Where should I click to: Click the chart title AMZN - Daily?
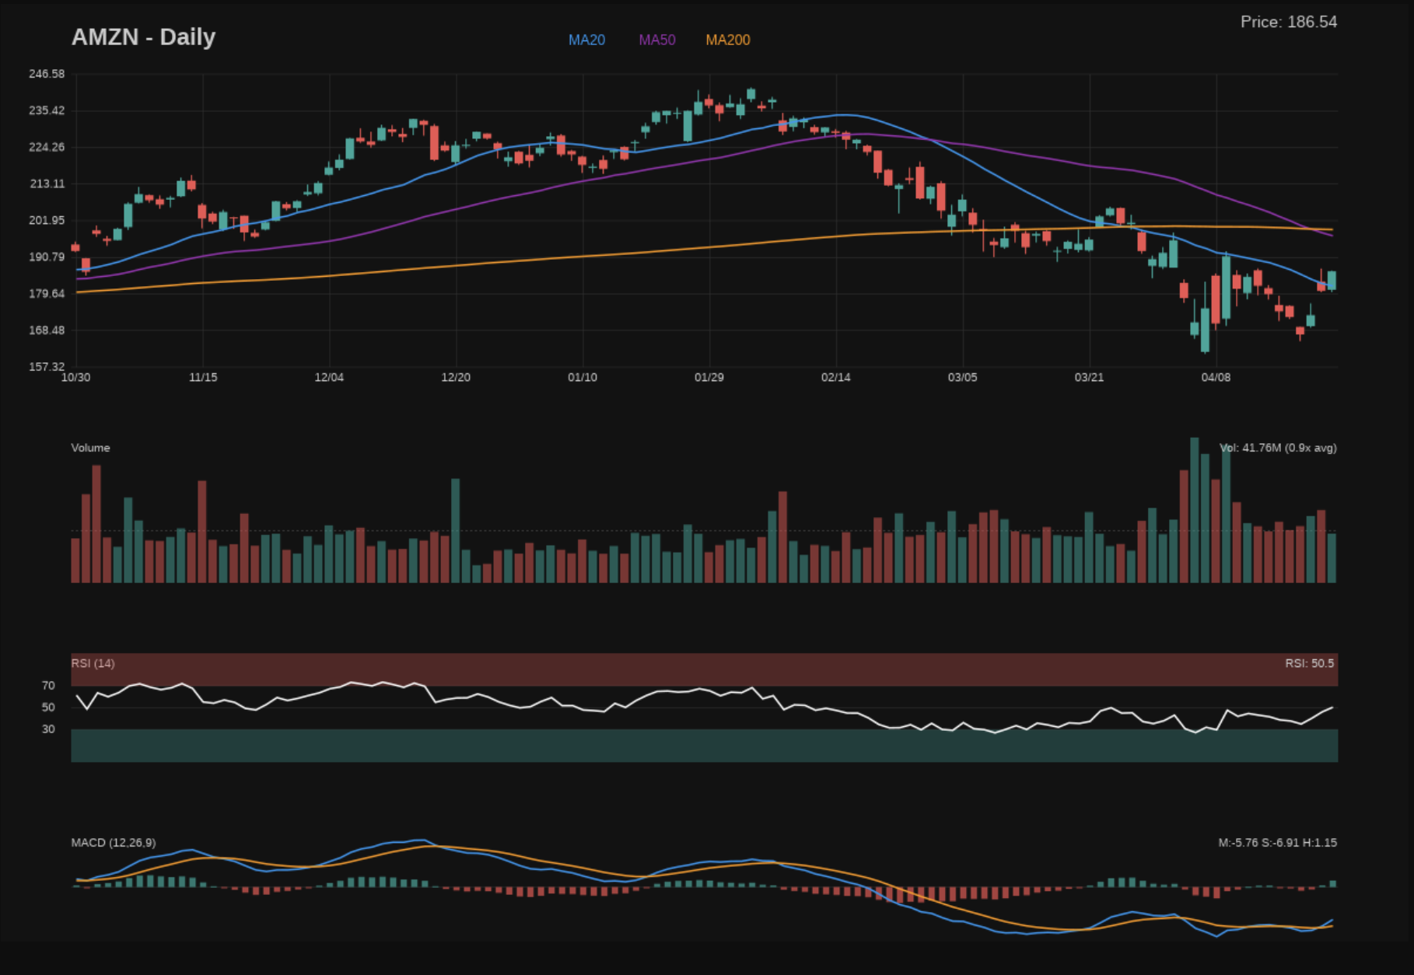[x=143, y=37]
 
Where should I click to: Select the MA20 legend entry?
[x=586, y=40]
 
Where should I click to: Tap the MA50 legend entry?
[x=657, y=40]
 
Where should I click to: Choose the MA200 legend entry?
[x=728, y=40]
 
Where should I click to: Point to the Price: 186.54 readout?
[x=1289, y=22]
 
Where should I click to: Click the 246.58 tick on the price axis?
[x=47, y=74]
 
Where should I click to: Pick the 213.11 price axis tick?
[x=47, y=183]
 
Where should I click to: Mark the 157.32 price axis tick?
[x=47, y=366]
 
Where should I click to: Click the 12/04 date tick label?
[x=329, y=377]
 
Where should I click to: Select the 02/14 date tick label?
[x=836, y=377]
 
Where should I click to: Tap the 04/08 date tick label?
[x=1216, y=377]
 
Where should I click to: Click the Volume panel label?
[x=90, y=448]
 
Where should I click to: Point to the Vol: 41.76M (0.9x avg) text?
[x=1278, y=448]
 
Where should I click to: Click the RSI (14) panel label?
[x=93, y=663]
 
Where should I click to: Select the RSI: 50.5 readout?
[x=1309, y=663]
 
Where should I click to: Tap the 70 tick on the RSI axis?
[x=49, y=685]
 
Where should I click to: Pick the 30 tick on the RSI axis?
[x=49, y=729]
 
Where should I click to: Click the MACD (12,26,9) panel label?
[x=114, y=843]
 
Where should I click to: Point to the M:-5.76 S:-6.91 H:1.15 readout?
[x=1277, y=843]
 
